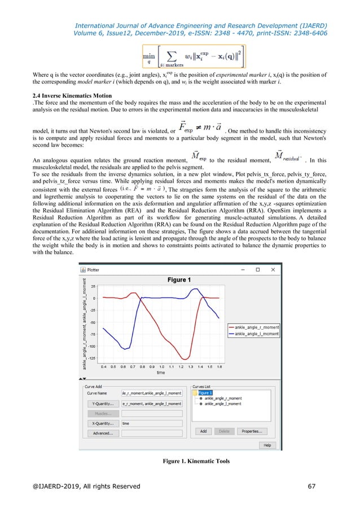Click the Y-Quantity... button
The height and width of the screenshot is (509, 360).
[102, 403]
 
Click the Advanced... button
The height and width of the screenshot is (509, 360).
[102, 433]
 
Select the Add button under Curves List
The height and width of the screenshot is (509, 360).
[203, 431]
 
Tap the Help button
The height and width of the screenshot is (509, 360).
[267, 445]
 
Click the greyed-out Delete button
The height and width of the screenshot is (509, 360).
[224, 431]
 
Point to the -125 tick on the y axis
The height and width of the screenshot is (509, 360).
[91, 358]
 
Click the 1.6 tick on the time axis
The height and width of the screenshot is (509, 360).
[219, 366]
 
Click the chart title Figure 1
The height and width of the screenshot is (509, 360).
[181, 280]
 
